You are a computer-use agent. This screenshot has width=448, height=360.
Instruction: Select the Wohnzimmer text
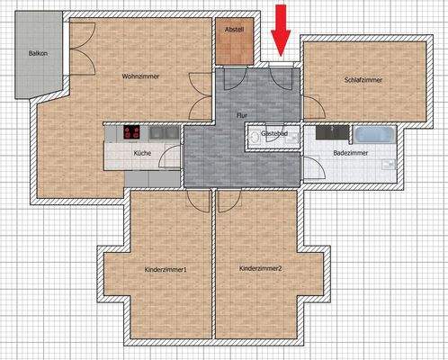(x=141, y=76)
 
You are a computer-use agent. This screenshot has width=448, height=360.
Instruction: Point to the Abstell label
(x=234, y=28)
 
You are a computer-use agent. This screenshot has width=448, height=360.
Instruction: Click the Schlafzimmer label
(x=363, y=80)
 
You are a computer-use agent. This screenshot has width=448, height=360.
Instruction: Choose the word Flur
(x=241, y=116)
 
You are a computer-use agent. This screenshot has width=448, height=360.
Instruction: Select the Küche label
(x=142, y=154)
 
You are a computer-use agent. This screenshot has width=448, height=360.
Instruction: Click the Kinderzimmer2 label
(x=261, y=269)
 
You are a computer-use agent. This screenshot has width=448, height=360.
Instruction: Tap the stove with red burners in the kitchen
(x=131, y=133)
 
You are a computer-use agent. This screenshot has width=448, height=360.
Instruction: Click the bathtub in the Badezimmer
(x=373, y=135)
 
